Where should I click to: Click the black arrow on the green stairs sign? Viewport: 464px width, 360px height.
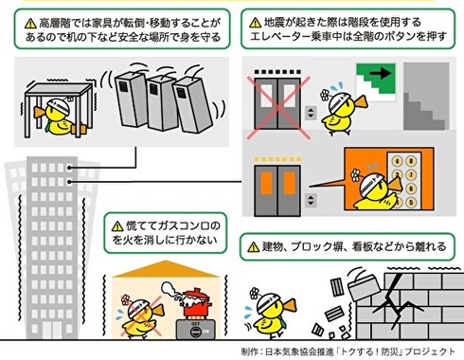tap(381, 74)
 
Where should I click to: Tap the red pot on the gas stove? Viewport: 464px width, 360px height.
tap(197, 303)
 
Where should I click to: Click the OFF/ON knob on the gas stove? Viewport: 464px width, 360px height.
tap(196, 332)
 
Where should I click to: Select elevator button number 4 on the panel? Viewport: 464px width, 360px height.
tap(397, 162)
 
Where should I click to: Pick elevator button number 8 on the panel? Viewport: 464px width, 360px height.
tap(411, 162)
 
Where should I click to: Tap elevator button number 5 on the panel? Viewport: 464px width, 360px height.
tap(411, 202)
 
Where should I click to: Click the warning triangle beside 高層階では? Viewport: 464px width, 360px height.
tap(30, 23)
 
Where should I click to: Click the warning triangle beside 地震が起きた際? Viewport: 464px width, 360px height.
tap(255, 23)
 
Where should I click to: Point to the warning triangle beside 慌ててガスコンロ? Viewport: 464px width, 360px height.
tap(117, 225)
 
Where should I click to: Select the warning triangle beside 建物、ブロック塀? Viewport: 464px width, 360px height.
tap(254, 247)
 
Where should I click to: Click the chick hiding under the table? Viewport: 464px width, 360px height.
tap(60, 117)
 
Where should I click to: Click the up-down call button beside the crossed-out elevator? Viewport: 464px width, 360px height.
tap(311, 113)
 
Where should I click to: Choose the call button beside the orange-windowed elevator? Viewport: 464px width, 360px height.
tap(311, 200)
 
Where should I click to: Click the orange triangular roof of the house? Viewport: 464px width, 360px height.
tap(166, 269)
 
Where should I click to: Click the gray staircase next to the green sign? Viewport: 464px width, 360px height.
tap(426, 96)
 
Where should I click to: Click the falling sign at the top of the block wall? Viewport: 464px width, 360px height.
tap(365, 287)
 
